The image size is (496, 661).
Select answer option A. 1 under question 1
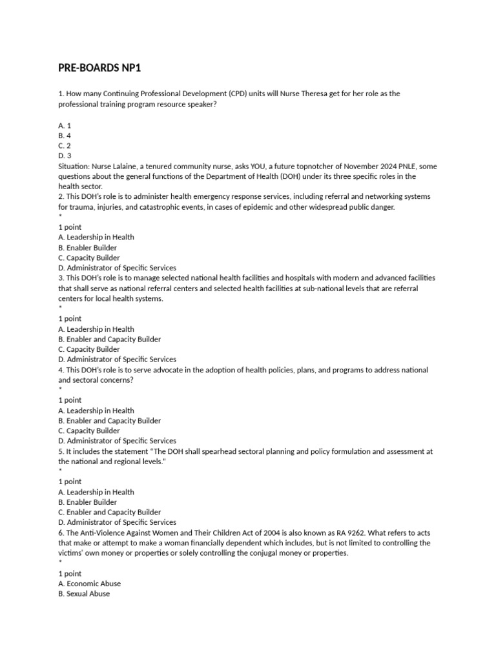point(65,125)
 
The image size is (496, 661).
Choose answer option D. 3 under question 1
point(65,156)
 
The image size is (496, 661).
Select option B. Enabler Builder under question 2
point(88,247)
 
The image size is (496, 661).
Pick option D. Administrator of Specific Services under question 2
point(117,268)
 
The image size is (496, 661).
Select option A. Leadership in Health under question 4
point(96,411)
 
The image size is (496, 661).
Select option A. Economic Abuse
point(89,584)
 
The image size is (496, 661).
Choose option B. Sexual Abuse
point(84,594)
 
